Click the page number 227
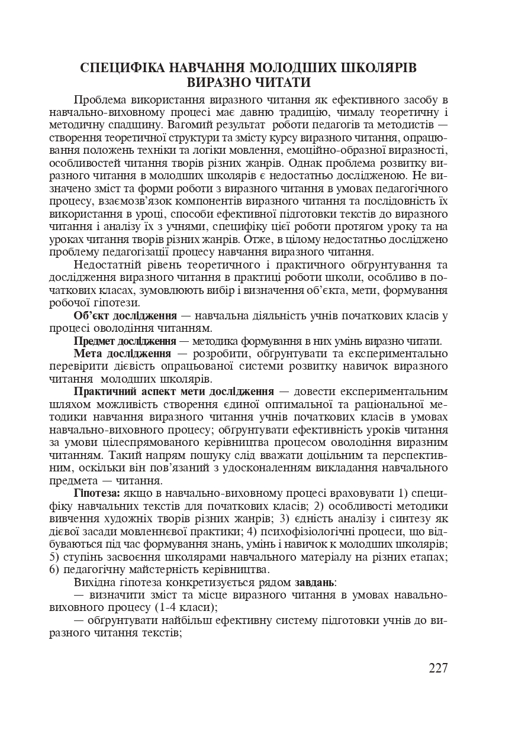tap(437, 668)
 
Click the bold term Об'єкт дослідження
tap(126, 315)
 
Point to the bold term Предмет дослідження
tap(124, 341)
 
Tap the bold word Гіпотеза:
tap(97, 493)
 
